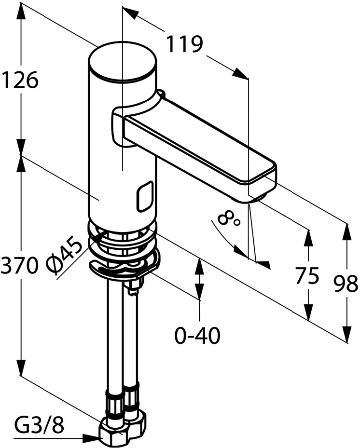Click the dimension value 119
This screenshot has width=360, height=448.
pos(184,44)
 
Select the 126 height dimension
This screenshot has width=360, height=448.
pos(20,80)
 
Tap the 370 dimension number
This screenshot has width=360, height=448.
pos(19,265)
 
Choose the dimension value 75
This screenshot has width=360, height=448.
pos(307,276)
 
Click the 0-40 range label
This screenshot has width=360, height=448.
pos(197,336)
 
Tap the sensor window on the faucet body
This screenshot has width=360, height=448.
pos(145,196)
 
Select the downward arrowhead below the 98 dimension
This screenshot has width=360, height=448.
pos(347,333)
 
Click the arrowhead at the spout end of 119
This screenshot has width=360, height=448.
pos(240,72)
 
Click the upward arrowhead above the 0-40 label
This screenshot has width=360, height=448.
pos(199,266)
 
